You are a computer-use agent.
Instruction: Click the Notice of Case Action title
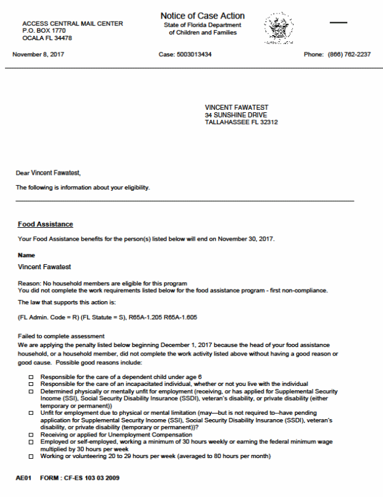coord(202,15)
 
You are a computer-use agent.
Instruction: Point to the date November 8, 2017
coord(38,54)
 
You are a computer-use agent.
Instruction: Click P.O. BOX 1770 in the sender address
coord(44,30)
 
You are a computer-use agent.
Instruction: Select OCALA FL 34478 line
coord(47,38)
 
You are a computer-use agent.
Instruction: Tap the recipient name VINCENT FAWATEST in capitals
coord(237,107)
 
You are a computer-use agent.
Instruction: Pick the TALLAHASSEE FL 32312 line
coord(241,122)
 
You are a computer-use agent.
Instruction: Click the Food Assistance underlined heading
coord(46,224)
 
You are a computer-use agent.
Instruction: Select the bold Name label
coord(27,255)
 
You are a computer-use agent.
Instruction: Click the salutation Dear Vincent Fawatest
coord(49,173)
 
